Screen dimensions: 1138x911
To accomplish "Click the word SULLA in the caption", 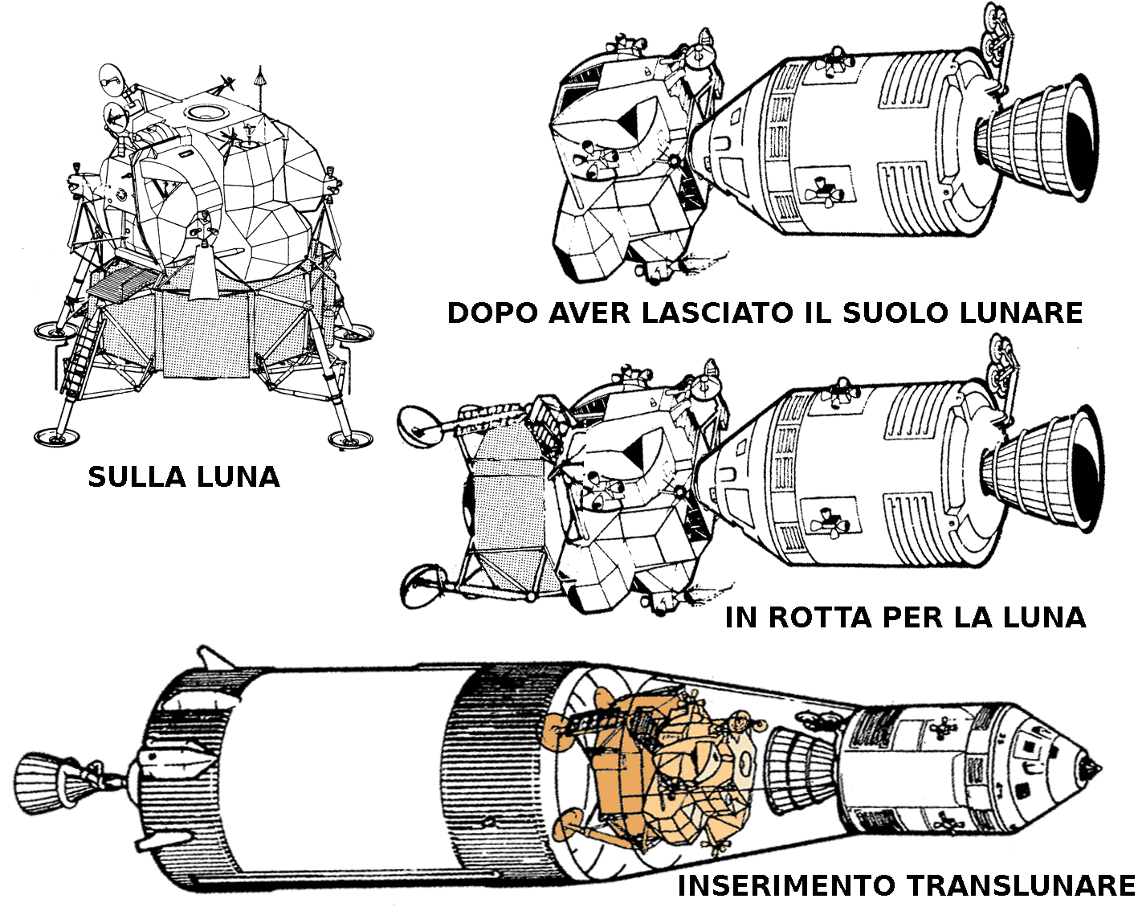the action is pos(137,477).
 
